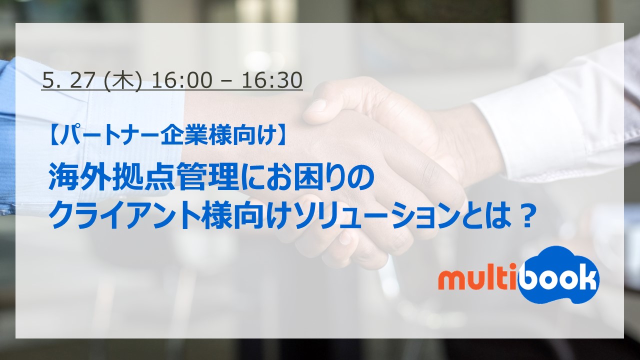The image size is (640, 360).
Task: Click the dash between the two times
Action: point(226,80)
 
